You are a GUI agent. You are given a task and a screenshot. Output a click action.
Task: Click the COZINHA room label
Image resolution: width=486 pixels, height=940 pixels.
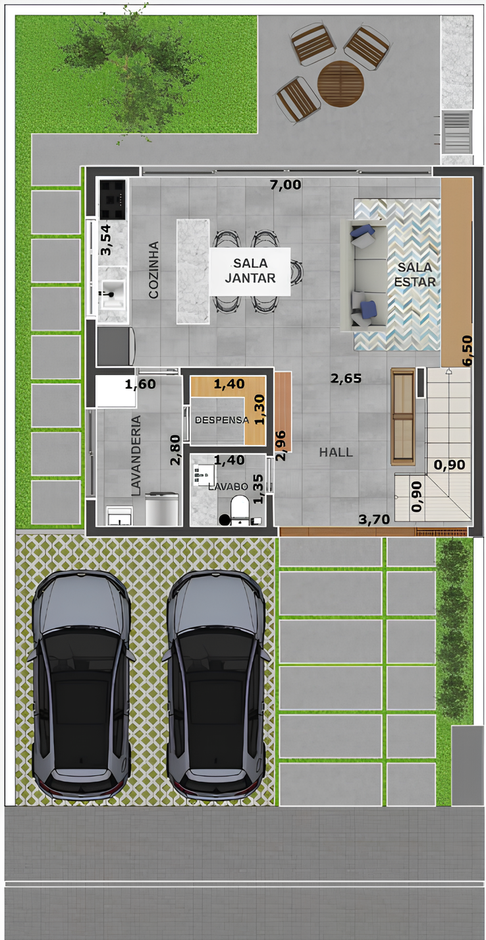[154, 270]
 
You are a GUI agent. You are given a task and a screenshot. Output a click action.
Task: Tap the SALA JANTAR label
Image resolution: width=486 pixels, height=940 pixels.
[250, 271]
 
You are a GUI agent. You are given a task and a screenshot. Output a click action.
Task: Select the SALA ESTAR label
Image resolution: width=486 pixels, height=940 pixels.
[415, 274]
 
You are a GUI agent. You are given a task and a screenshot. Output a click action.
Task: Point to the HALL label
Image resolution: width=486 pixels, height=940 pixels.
[336, 452]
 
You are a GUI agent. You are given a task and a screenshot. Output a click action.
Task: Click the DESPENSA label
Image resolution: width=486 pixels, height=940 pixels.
[222, 420]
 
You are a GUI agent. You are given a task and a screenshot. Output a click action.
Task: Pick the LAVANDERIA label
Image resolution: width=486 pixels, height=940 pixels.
[136, 455]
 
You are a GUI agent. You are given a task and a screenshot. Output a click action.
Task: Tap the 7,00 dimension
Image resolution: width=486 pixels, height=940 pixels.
[286, 184]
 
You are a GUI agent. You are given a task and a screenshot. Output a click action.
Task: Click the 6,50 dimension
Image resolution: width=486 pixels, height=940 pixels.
[468, 351]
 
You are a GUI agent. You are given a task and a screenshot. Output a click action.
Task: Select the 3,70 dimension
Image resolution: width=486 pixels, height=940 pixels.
[374, 519]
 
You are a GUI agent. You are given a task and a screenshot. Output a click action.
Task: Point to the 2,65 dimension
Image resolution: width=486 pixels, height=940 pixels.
[346, 378]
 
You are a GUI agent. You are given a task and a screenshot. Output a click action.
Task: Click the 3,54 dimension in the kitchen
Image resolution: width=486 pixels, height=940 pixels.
[105, 240]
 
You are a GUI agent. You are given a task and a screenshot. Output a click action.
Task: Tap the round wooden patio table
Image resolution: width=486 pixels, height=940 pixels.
[340, 84]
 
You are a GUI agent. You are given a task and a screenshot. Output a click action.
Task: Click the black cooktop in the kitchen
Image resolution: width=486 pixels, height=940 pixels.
[113, 199]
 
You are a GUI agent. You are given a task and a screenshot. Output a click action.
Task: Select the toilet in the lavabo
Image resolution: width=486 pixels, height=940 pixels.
[240, 510]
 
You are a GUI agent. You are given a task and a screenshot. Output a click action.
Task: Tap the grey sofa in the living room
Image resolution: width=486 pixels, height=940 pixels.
[364, 274]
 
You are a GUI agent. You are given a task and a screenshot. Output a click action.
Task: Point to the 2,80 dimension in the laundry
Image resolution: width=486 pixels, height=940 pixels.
[175, 450]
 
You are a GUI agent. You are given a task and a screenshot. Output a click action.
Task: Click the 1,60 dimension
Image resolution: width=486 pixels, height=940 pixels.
[140, 384]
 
